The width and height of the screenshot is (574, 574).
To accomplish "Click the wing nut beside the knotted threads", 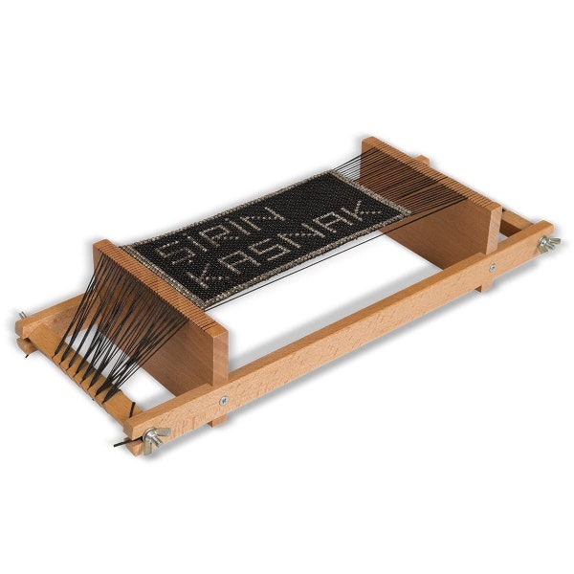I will pyautogui.click(x=152, y=439).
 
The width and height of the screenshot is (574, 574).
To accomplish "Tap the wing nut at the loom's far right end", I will pyautogui.click(x=546, y=244).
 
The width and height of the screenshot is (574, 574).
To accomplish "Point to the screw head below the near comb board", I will pyautogui.click(x=223, y=401).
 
